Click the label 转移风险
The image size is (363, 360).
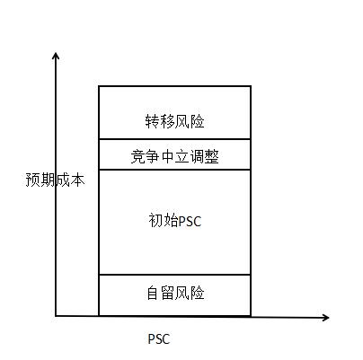(x=175, y=121)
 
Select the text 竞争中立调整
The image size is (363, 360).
(x=175, y=156)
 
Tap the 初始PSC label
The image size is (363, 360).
(x=175, y=221)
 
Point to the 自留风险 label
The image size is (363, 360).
(x=175, y=293)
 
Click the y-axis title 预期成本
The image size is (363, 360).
(x=56, y=180)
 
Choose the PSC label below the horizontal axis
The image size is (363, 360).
(x=159, y=339)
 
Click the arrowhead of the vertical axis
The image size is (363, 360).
(x=56, y=56)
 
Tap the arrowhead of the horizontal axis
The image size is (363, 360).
(x=325, y=318)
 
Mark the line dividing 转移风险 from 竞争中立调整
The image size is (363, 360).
(x=174, y=139)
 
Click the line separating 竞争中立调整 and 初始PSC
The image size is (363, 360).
(x=174, y=170)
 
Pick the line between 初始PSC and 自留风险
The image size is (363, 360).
(x=174, y=275)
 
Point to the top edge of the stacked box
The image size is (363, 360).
(x=174, y=86)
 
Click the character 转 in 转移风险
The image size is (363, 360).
(x=153, y=121)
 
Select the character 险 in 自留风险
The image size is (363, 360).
(x=198, y=293)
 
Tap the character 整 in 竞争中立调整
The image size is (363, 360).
(x=212, y=156)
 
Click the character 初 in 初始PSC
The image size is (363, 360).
(x=155, y=221)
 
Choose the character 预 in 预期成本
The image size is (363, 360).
(x=33, y=180)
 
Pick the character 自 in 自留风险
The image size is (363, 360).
(x=154, y=293)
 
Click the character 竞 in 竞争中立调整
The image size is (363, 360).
(x=138, y=156)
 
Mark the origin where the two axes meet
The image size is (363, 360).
(x=56, y=316)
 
